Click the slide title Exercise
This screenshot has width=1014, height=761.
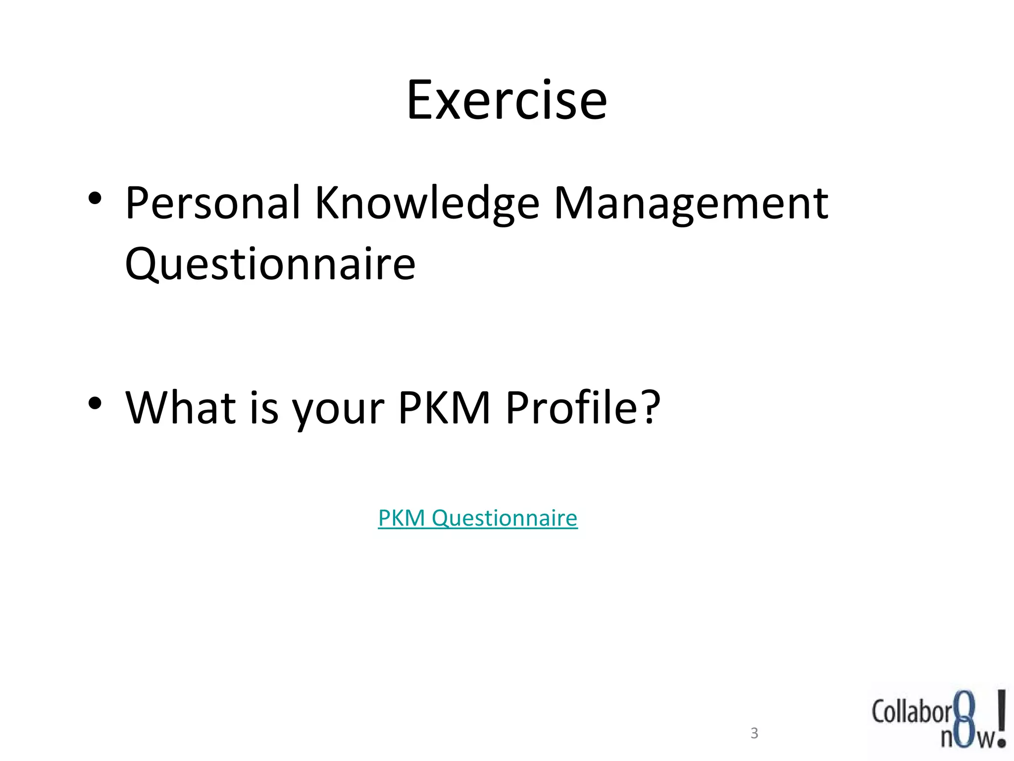tap(507, 101)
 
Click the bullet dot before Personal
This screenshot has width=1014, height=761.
tap(95, 199)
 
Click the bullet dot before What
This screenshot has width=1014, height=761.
tap(95, 403)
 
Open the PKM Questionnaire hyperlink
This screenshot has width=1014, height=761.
tap(477, 518)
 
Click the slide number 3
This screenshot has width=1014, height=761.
tap(754, 733)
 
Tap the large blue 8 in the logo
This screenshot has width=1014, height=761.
tap(964, 718)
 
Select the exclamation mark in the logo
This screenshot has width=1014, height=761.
tap(1001, 717)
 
